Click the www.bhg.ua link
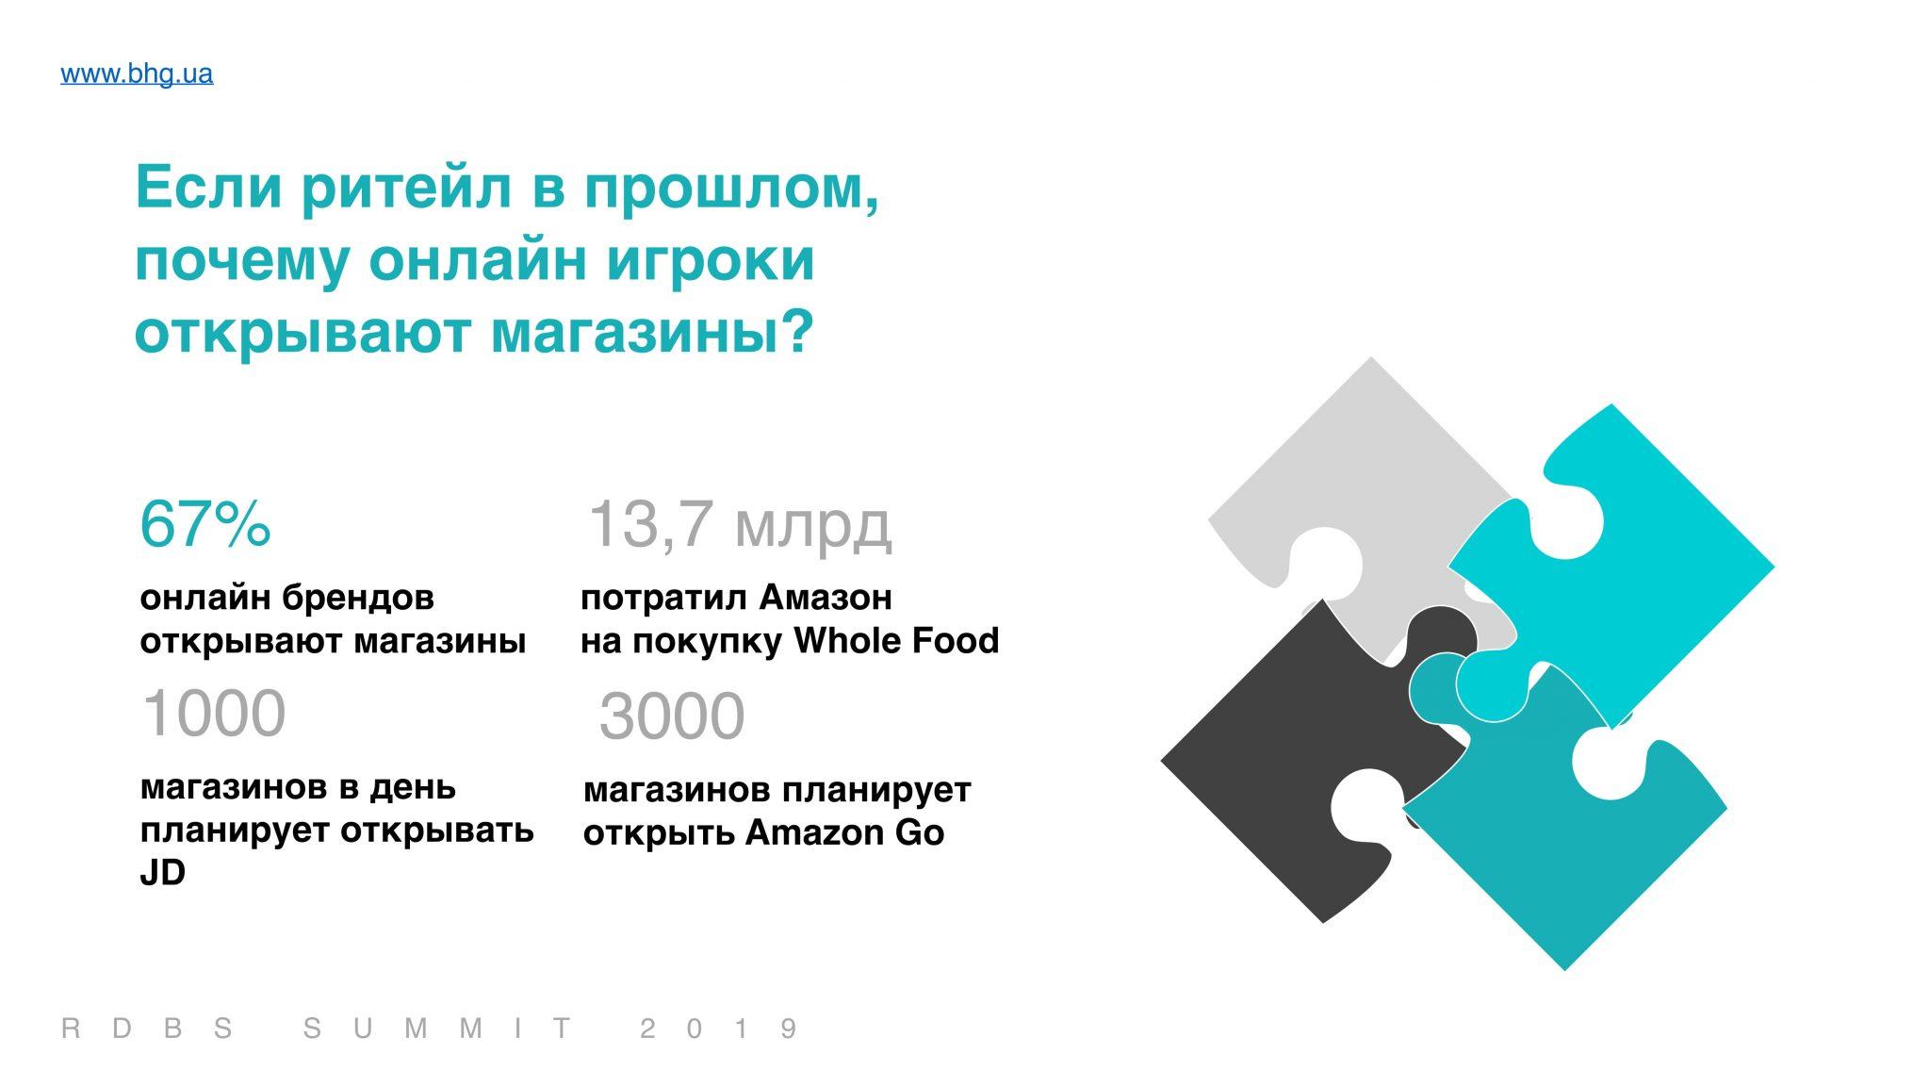coord(137,74)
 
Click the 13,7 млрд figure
coord(739,525)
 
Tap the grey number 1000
coord(214,713)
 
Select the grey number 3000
coord(672,716)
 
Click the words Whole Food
coord(896,641)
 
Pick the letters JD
coord(162,873)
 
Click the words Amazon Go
coord(844,833)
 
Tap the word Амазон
coord(826,598)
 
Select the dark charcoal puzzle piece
coord(1319,754)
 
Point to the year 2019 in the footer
coord(719,1028)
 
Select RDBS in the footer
coord(147,1028)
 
